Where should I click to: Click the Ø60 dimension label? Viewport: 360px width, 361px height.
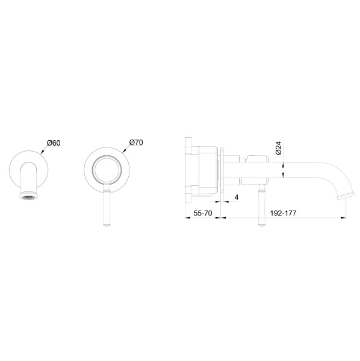pos(54,143)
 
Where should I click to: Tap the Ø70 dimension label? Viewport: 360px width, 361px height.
pos(135,143)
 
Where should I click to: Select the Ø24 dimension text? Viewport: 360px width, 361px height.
pos(278,149)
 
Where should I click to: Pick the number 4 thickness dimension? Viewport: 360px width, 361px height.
pos(237,197)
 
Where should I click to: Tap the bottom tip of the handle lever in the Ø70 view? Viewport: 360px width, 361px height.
pos(107,225)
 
